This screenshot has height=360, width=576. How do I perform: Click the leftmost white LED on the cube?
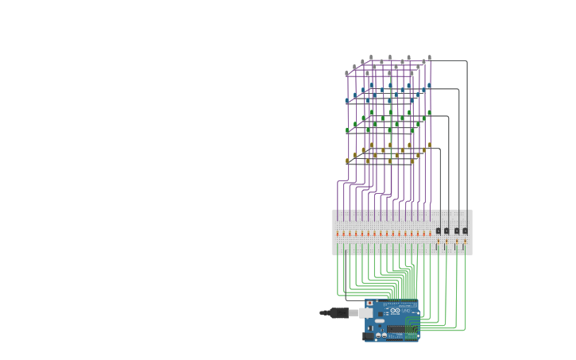point(347,73)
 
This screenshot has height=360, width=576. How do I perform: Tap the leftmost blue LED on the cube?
point(347,101)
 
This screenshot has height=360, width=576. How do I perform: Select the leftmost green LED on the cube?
point(347,130)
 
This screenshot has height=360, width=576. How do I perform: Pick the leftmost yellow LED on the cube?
point(347,161)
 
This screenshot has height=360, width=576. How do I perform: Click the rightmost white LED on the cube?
point(430,57)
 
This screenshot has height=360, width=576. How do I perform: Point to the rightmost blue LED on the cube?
point(430,85)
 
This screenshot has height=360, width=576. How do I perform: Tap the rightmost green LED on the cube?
point(430,113)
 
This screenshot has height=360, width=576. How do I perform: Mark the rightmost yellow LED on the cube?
point(430,145)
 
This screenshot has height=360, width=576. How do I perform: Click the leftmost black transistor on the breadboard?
point(438,231)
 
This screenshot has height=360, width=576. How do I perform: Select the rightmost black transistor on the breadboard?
point(465,231)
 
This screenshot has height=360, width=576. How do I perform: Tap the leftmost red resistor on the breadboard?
point(338,234)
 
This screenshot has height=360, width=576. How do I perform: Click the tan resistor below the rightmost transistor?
point(465,242)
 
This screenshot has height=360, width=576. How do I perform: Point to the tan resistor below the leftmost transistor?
point(438,242)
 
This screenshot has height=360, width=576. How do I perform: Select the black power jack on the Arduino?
point(369,334)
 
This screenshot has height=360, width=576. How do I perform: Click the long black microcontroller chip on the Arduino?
point(400,328)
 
